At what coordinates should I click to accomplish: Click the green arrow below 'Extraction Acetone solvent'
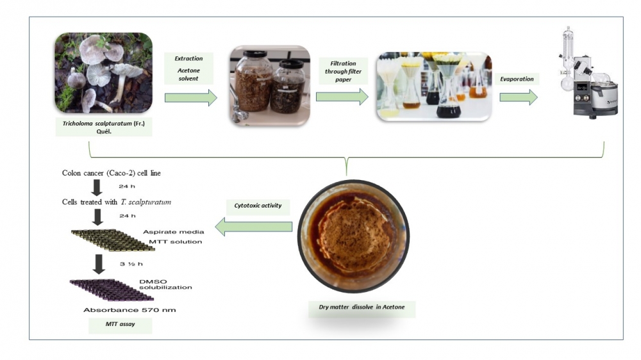pyautogui.click(x=191, y=98)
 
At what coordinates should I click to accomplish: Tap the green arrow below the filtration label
pyautogui.click(x=342, y=97)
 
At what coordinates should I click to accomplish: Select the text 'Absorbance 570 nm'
pyautogui.click(x=129, y=310)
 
